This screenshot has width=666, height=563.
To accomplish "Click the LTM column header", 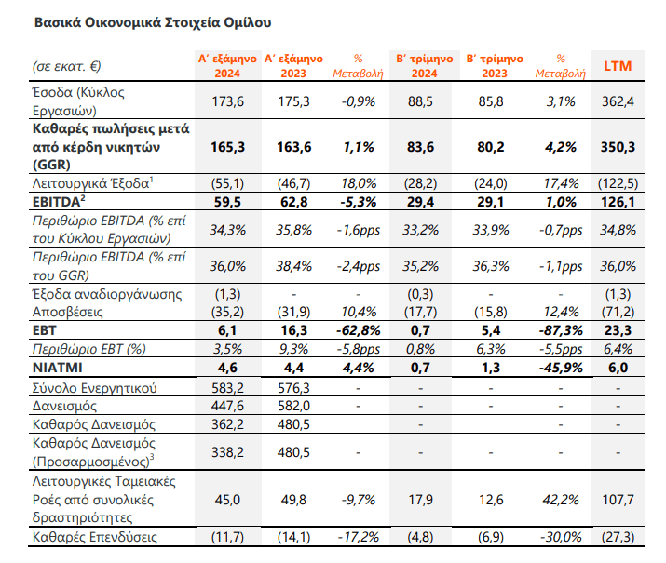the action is (618, 66).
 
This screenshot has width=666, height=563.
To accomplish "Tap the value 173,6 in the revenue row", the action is (227, 101).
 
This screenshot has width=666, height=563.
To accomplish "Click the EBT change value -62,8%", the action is (358, 330).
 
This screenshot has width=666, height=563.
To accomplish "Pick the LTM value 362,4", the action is (618, 101).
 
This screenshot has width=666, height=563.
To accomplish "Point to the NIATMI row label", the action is (58, 368).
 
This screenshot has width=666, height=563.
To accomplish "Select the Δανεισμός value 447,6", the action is (227, 406).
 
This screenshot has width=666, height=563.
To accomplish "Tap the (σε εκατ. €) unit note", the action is (67, 67).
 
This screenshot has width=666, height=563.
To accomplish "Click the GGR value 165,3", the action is (227, 147).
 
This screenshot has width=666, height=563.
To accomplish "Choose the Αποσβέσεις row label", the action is (68, 313).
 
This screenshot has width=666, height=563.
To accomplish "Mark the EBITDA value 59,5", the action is (227, 202).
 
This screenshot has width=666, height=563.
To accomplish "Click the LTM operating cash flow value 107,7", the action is (618, 500).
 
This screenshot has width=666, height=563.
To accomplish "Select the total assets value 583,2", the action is (227, 388).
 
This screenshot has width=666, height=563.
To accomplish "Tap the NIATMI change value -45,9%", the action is (561, 368).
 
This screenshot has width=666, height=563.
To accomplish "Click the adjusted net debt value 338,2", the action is (227, 452).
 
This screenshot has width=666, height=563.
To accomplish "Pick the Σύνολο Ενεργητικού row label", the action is (95, 388).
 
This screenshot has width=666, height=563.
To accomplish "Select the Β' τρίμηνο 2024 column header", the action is (425, 66).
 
